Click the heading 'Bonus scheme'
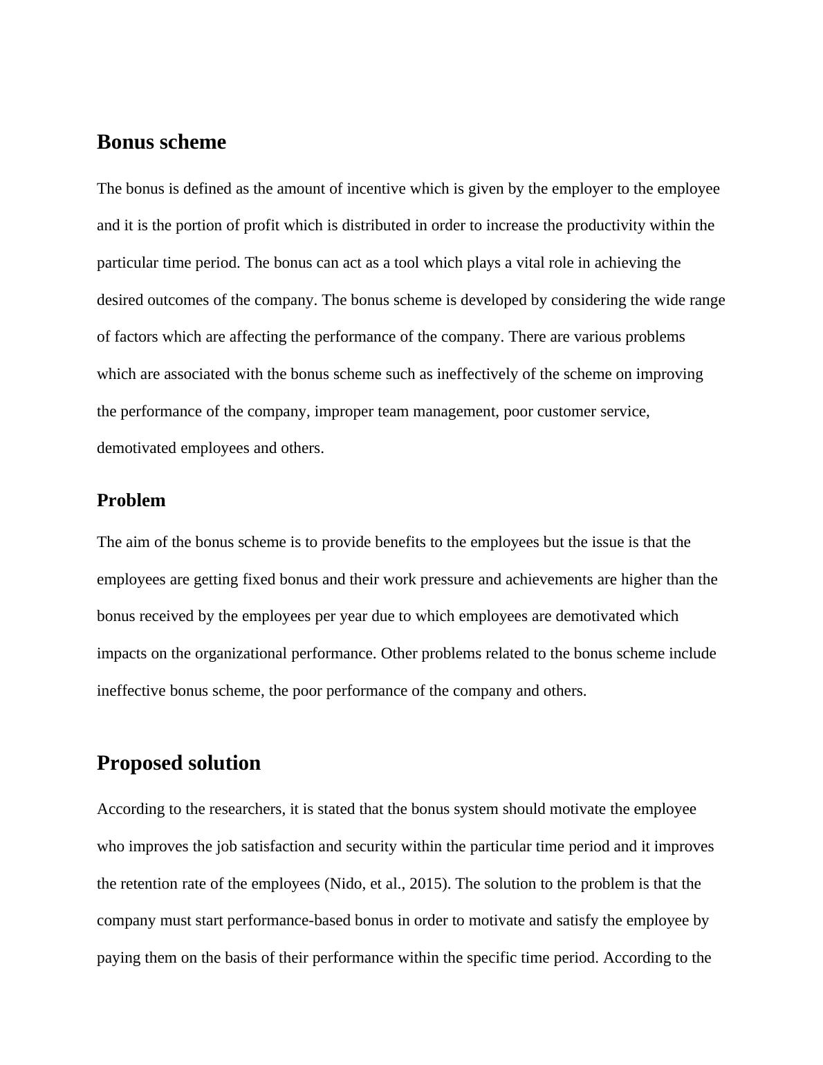point(161,142)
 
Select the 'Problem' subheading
point(131,500)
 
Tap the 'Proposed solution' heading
point(178,763)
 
